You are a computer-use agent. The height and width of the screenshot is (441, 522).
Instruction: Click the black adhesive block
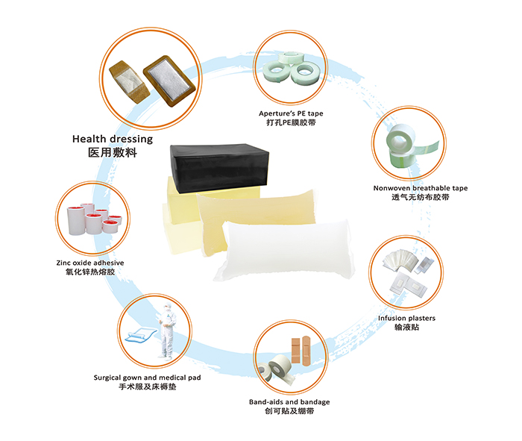point(219,168)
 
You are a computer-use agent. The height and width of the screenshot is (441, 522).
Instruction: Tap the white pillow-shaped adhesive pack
point(285,251)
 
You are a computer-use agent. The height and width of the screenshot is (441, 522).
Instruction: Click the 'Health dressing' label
point(113,140)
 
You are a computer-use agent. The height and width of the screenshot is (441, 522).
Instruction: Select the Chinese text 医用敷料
point(113,152)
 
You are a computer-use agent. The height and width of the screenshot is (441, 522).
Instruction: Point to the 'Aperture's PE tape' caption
point(291,113)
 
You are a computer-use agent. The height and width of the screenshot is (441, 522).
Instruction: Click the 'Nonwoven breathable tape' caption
point(421,188)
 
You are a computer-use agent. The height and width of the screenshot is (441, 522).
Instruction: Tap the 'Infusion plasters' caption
point(406,318)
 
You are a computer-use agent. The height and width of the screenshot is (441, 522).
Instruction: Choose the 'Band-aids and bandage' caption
point(289,402)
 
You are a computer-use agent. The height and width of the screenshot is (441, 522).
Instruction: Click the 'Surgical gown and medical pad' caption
point(147,378)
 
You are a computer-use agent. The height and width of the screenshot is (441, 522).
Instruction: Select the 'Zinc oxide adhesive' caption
point(90,263)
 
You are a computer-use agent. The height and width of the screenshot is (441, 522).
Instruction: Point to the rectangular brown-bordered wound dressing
point(169,81)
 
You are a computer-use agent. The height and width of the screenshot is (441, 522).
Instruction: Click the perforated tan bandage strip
point(130,82)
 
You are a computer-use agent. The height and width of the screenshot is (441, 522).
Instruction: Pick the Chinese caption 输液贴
point(406,328)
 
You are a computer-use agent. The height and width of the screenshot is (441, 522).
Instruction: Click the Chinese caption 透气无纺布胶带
point(421,197)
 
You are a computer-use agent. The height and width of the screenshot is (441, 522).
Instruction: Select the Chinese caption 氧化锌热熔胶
point(90,272)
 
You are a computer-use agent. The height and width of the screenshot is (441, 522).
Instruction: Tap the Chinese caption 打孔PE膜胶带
point(291,122)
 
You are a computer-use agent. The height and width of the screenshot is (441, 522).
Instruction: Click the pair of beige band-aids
point(301,351)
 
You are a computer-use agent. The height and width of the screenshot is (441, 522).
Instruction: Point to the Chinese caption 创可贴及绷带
point(289,411)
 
